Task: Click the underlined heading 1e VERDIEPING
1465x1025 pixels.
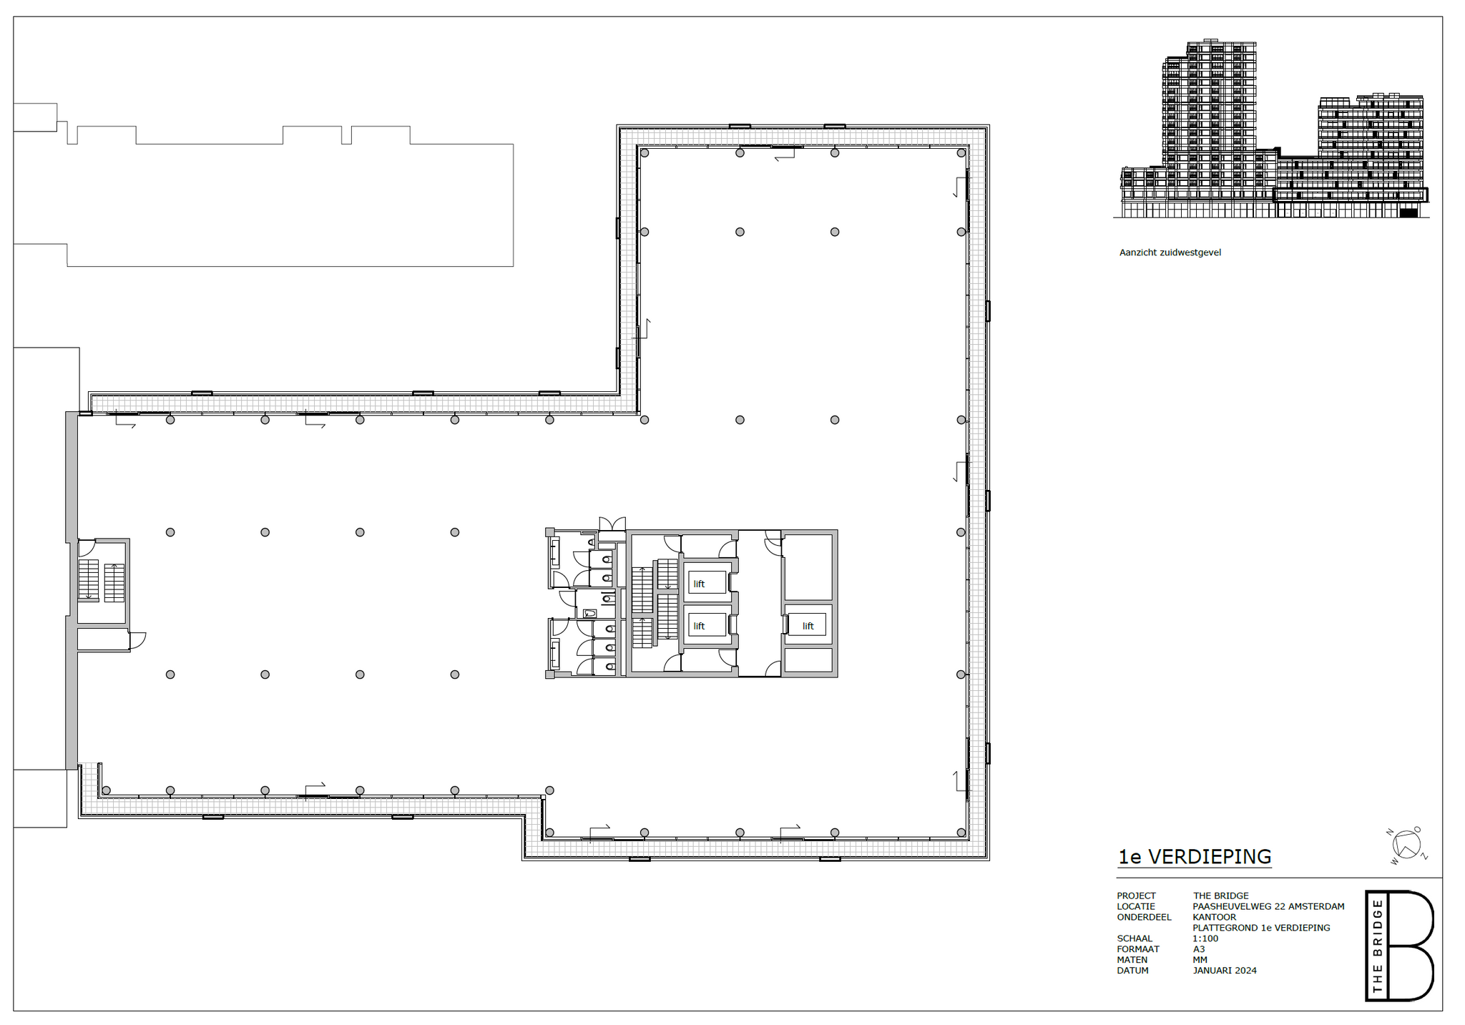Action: tap(1195, 856)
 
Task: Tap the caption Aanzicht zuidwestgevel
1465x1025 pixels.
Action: tap(1170, 252)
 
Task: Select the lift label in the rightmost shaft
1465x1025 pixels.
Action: tap(808, 626)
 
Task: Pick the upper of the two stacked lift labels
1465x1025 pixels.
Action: tap(699, 584)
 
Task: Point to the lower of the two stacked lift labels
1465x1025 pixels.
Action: tap(699, 626)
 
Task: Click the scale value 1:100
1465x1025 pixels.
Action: tap(1205, 938)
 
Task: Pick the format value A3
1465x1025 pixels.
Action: tap(1199, 949)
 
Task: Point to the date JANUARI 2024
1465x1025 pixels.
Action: tap(1225, 971)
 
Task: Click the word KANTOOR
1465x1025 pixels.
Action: tap(1215, 917)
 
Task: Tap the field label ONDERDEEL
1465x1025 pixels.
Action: tap(1145, 917)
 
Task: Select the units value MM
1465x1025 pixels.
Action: tap(1200, 960)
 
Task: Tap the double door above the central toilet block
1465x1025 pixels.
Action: tap(612, 524)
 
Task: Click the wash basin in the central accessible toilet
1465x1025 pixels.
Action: tap(590, 613)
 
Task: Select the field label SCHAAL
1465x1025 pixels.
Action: tap(1135, 938)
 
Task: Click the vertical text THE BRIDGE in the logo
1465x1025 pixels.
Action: tap(1377, 946)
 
